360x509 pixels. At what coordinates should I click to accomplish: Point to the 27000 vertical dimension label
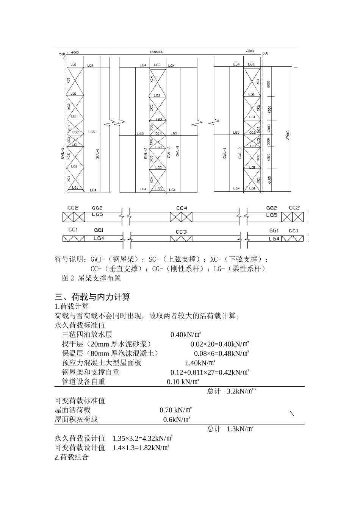pyautogui.click(x=288, y=135)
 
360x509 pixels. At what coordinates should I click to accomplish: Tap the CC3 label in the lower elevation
pyautogui.click(x=181, y=232)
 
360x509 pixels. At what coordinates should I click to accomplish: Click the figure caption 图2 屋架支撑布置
pyautogui.click(x=91, y=278)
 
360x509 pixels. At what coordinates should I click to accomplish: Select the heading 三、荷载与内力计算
pyautogui.click(x=92, y=297)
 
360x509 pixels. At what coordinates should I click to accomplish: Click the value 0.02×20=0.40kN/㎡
pyautogui.click(x=219, y=344)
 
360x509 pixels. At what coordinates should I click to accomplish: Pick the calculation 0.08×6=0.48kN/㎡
pyautogui.click(x=221, y=353)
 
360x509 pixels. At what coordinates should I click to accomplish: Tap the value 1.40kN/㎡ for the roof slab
pyautogui.click(x=200, y=363)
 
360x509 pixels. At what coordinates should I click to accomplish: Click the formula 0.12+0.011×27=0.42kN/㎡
pyautogui.click(x=210, y=372)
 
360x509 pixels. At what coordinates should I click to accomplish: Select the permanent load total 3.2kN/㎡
pyautogui.click(x=240, y=391)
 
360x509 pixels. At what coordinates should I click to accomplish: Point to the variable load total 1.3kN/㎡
pyautogui.click(x=240, y=429)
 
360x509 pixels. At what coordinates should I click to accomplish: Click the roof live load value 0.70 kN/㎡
pyautogui.click(x=175, y=410)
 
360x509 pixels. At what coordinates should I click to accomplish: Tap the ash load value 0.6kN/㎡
pyautogui.click(x=176, y=419)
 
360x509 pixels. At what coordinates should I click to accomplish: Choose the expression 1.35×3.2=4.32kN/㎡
pyautogui.click(x=142, y=438)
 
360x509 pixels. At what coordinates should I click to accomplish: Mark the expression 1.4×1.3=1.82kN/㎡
pyautogui.click(x=141, y=448)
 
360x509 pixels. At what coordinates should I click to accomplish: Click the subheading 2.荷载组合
pyautogui.click(x=72, y=457)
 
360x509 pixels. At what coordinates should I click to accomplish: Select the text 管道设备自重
pyautogui.click(x=83, y=382)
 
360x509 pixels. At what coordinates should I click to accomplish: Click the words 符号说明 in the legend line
pyautogui.click(x=69, y=259)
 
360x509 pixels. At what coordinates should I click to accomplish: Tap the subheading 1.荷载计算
pyautogui.click(x=72, y=306)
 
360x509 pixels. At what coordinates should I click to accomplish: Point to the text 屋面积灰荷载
pyautogui.click(x=76, y=419)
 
